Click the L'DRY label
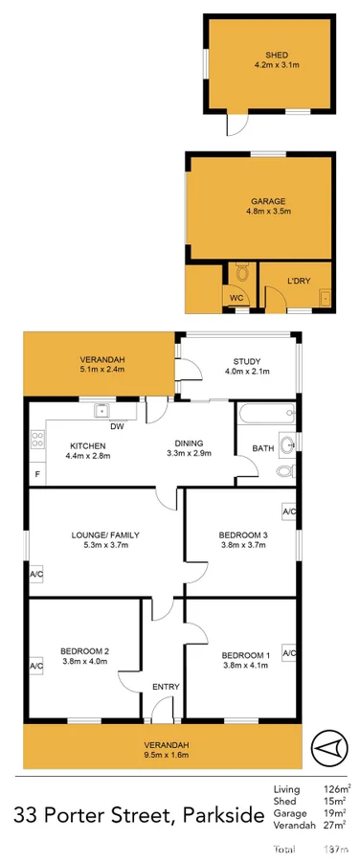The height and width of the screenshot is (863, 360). pos(299,281)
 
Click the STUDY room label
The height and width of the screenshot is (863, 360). pos(249,366)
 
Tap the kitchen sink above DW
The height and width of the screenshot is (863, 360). pos(100,412)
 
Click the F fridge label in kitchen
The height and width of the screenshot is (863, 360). pos(37,475)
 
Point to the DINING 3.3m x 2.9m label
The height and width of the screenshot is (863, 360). pos(189,447)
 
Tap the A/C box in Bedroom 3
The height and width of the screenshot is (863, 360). pos(289,511)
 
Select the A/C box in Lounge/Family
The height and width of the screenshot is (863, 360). pos(36,575)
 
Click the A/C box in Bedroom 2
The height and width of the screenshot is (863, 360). pos(36,666)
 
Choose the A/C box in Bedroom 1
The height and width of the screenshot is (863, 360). pos(289,652)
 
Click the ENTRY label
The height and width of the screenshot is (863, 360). pos(166,687)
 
